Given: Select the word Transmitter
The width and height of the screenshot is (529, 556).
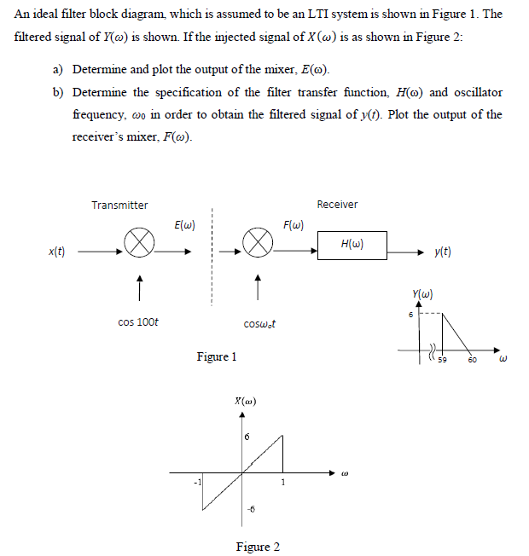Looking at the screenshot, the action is click(x=119, y=205).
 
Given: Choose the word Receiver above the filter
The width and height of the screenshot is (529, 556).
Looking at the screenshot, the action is click(x=337, y=205).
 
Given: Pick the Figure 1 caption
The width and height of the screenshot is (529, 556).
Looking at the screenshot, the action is click(x=216, y=356).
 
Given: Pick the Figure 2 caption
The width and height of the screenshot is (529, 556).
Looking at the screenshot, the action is click(x=257, y=547).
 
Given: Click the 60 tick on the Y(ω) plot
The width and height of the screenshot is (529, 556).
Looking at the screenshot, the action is click(x=472, y=369).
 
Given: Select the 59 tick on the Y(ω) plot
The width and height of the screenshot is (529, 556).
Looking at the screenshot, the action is click(x=443, y=369).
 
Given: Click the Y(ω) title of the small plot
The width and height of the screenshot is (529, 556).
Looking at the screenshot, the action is click(x=423, y=296).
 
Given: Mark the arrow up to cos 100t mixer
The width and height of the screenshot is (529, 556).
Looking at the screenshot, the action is click(x=137, y=283).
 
